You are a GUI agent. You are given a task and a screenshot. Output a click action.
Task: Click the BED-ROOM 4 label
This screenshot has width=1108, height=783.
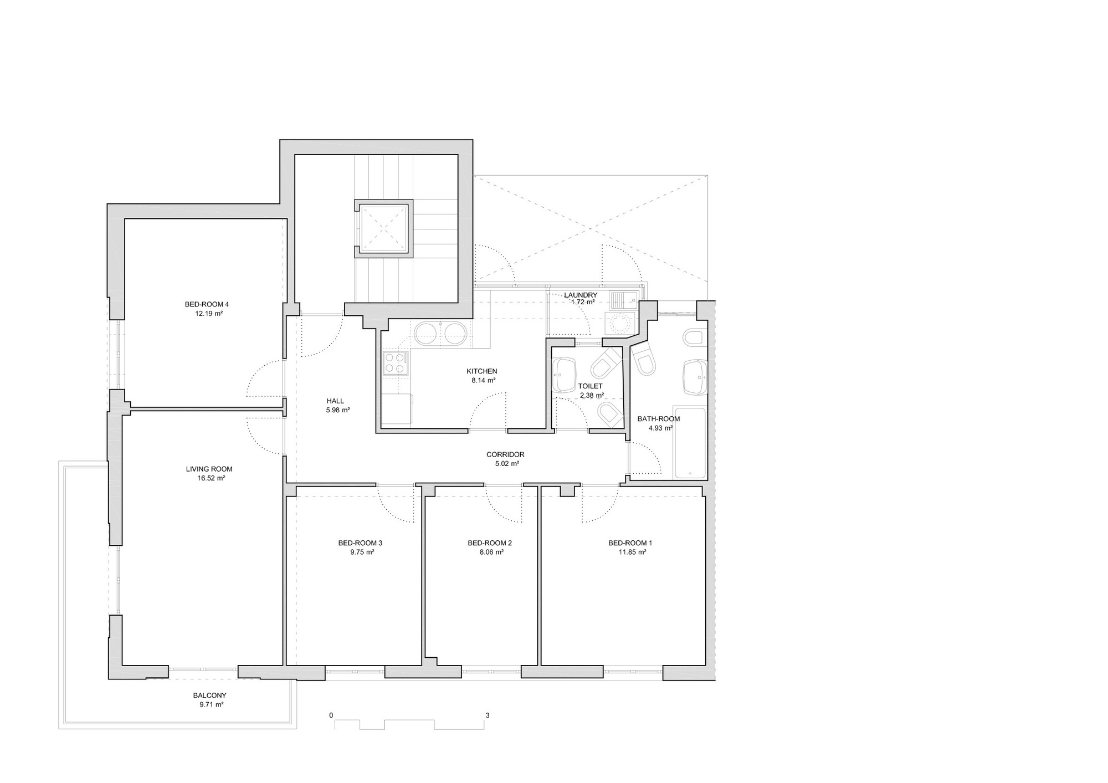point(206,304)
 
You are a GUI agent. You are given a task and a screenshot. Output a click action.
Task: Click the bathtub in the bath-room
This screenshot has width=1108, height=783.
point(689,443)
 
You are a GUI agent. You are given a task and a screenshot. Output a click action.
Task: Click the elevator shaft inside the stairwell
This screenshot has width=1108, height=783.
point(383,228)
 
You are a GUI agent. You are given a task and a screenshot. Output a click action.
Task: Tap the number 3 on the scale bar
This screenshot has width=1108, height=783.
point(488,715)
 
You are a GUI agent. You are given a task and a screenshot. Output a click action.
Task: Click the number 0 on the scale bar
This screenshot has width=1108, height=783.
point(331,715)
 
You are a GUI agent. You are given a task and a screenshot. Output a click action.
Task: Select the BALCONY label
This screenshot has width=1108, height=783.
point(209,695)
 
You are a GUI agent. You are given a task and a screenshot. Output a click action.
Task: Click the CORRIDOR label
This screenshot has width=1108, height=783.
point(505,454)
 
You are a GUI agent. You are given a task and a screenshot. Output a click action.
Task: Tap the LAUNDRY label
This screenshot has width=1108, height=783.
point(581,295)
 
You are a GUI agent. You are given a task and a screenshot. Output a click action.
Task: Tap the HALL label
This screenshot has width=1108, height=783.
point(335,401)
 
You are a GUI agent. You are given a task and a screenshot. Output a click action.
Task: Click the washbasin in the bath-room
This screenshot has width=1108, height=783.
point(695,377)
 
